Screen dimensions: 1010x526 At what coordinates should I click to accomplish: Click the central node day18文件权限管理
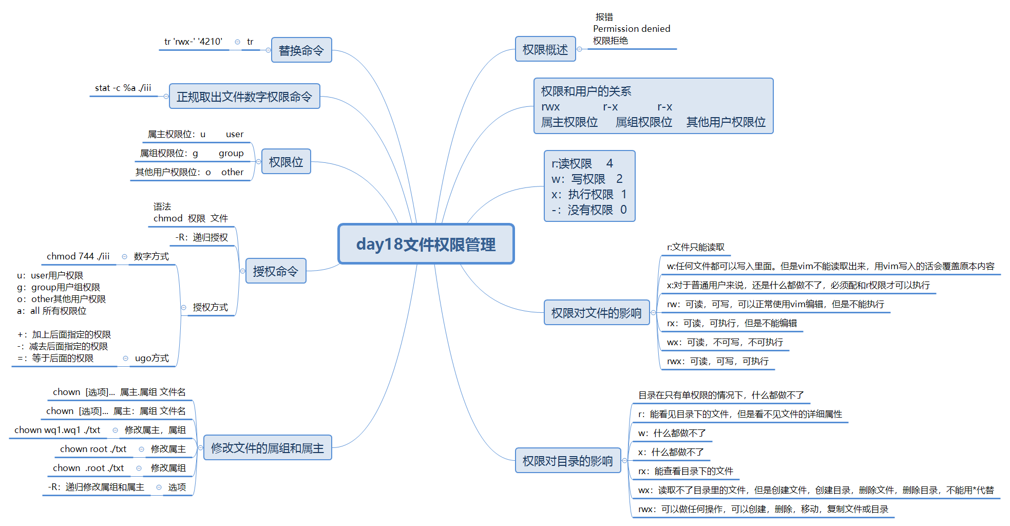coord(426,244)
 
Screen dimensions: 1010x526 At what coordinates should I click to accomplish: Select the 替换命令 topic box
coord(301,50)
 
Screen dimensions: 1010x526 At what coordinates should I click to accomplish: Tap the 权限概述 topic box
coord(545,49)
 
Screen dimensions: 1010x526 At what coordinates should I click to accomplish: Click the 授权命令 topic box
coord(275,271)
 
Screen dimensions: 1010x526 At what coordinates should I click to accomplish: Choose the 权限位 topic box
coord(286,162)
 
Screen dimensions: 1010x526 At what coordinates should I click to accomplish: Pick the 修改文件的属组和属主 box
coord(267,448)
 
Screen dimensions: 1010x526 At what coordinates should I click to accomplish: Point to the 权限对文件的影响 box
coord(596,313)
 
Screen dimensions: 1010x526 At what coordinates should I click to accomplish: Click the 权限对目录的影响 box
coord(567,461)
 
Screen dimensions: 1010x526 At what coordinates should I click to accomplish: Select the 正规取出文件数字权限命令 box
coord(244,97)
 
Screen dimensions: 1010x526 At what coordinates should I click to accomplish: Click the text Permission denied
coord(632,29)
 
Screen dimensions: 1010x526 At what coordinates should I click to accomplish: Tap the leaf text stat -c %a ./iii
coord(123,88)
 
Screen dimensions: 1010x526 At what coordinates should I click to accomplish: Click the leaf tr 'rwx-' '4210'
coord(193,42)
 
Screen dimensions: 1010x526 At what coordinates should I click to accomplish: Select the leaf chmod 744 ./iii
coord(78,256)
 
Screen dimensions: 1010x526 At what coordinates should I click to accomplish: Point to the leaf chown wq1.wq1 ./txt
coord(58,430)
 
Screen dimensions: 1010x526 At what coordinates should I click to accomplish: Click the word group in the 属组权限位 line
coord(231,153)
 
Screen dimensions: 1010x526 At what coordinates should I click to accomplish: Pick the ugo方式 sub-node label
coord(151,358)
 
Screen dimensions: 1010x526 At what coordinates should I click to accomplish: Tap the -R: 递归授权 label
coord(202,237)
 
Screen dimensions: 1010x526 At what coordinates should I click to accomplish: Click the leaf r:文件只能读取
coord(696,247)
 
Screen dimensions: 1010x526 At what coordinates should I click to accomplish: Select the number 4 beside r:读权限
coord(609,163)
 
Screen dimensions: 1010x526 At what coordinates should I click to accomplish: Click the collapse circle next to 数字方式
coord(124,256)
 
